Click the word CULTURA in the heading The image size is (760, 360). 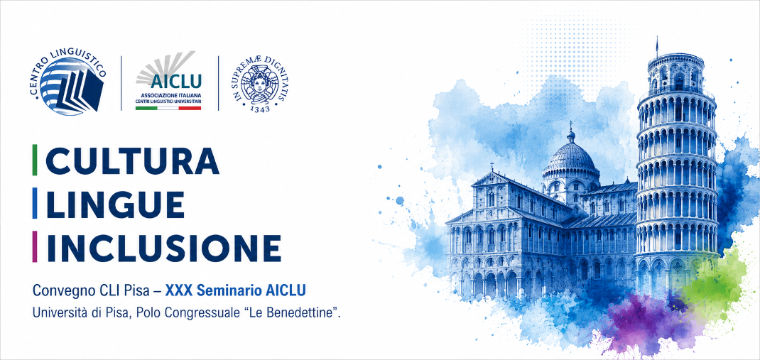tap(132, 160)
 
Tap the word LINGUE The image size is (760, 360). tap(115, 204)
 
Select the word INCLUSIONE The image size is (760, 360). tap(163, 248)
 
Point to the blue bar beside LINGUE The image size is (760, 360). tap(34, 204)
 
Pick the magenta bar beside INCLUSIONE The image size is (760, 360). tap(34, 247)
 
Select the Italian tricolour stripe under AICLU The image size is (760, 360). tap(168, 108)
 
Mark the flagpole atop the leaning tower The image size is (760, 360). tap(657, 45)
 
